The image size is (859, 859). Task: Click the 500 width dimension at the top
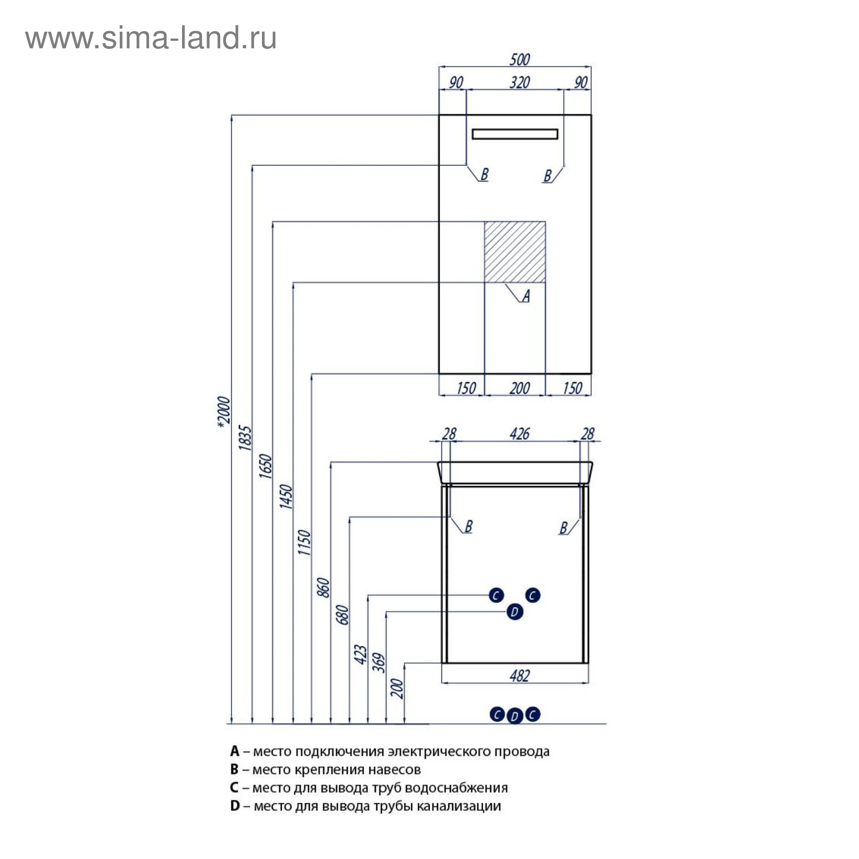519,59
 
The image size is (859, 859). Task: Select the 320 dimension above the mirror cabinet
519,82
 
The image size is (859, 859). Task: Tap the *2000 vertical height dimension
224,412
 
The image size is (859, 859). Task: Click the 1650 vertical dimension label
266,467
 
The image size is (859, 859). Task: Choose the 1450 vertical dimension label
286,497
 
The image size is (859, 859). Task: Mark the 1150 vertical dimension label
304,542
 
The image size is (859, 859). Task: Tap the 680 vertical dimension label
343,615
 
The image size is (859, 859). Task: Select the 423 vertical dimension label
361,655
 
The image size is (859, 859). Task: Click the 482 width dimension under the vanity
519,675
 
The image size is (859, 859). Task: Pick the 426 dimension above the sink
519,433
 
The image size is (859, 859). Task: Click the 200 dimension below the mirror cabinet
519,388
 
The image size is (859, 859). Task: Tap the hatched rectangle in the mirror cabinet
515,251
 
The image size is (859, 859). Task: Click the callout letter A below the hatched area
526,295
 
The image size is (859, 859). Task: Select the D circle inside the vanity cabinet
514,612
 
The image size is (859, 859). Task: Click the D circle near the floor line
514,716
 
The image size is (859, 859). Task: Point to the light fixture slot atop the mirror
515,134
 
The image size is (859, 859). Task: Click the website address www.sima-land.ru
151,39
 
